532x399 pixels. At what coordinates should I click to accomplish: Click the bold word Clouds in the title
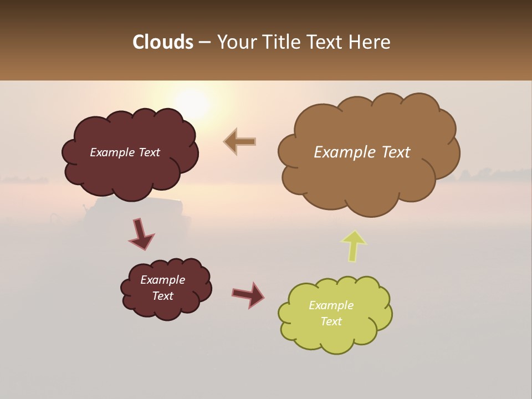pyautogui.click(x=162, y=42)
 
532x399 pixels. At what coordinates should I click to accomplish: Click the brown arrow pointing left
pyautogui.click(x=240, y=141)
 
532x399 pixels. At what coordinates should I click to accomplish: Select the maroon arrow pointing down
pyautogui.click(x=141, y=234)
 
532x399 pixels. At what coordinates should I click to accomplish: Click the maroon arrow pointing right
pyautogui.click(x=248, y=294)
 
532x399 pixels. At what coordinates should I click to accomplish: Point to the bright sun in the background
pyautogui.click(x=191, y=103)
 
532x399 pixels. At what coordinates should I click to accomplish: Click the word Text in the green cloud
pyautogui.click(x=331, y=321)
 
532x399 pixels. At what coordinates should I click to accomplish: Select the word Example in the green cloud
pyautogui.click(x=331, y=305)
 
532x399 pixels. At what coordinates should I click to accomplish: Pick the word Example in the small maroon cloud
pyautogui.click(x=162, y=280)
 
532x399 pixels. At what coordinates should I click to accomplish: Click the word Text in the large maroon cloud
pyautogui.click(x=149, y=152)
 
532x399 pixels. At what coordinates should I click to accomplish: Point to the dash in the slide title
pyautogui.click(x=204, y=43)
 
